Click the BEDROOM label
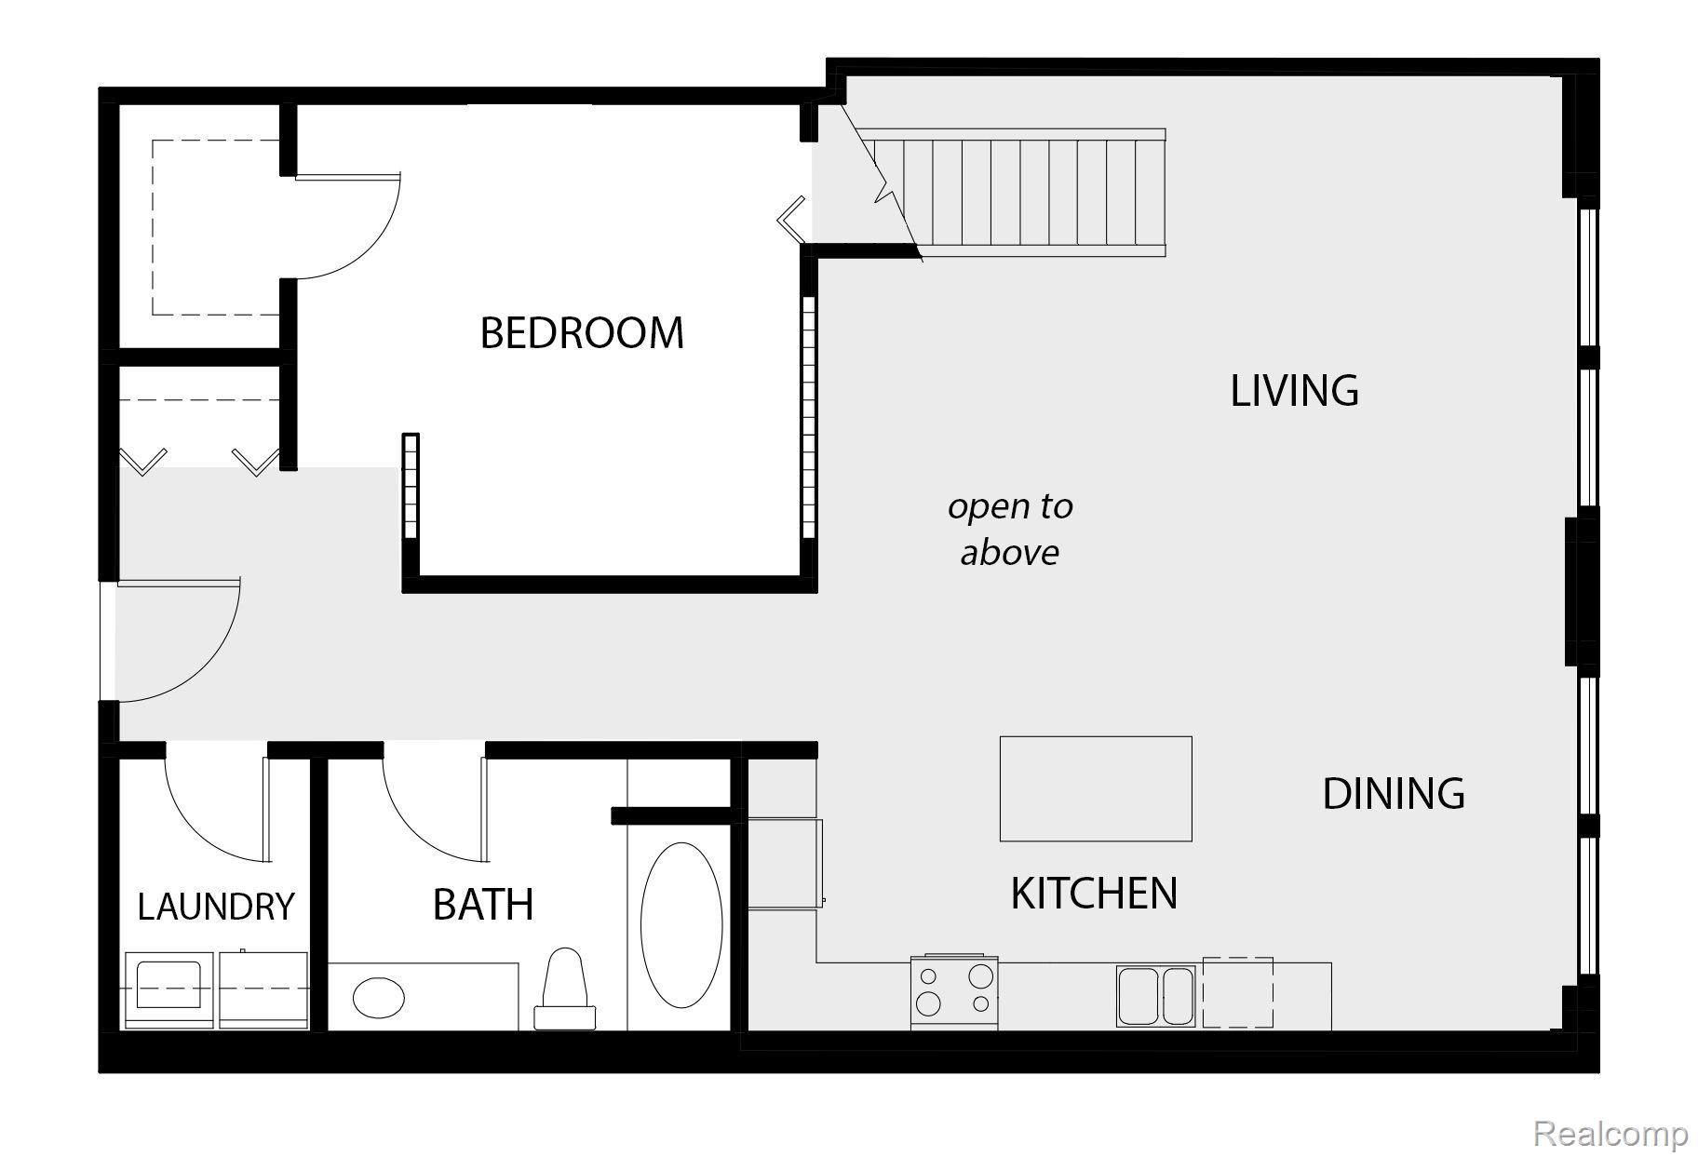582,333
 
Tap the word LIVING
1294,391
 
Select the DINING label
1394,794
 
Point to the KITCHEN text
1094,894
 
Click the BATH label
483,905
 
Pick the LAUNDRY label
216,907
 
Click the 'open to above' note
1010,529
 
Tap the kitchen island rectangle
1096,788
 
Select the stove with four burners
954,992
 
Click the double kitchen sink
1155,995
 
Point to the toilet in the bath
565,989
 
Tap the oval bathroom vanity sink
379,998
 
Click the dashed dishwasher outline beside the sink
1237,992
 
